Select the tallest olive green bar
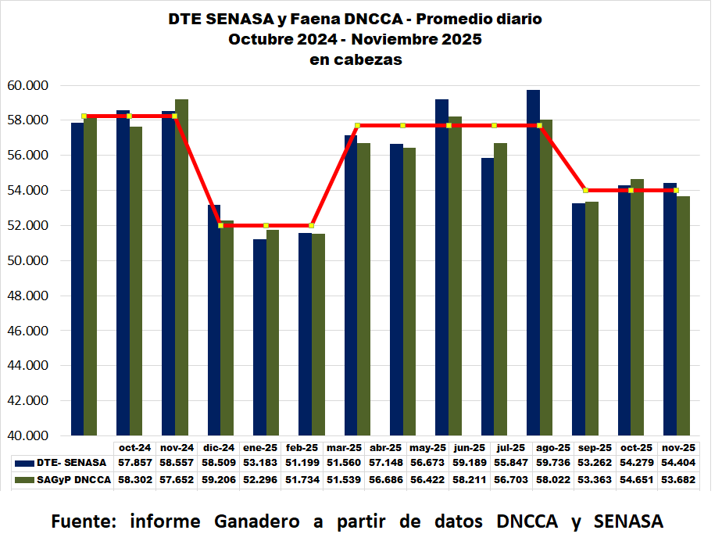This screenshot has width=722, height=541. (181, 267)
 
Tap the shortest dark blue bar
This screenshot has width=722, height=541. (259, 337)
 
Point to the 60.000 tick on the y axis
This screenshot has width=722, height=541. (27, 85)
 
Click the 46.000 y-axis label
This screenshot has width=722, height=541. (27, 331)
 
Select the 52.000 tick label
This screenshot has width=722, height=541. (27, 226)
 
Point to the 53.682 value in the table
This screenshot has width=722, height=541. (678, 478)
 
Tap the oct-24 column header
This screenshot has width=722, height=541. (134, 448)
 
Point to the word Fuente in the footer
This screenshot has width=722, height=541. (83, 521)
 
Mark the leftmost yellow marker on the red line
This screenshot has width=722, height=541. (84, 116)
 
